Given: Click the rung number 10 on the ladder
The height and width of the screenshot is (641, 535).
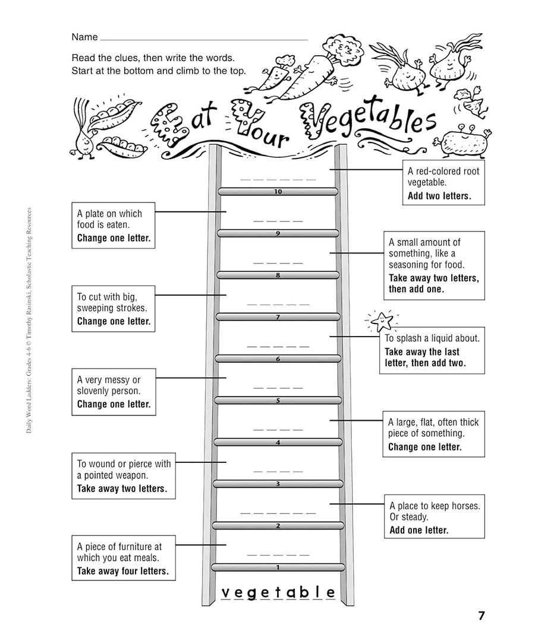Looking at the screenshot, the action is pyautogui.click(x=278, y=191).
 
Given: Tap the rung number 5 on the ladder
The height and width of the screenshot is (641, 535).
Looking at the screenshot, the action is pyautogui.click(x=278, y=400).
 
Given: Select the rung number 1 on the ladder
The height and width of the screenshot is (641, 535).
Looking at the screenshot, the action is pyautogui.click(x=278, y=567).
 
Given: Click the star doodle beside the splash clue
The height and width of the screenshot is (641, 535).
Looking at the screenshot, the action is pyautogui.click(x=382, y=321).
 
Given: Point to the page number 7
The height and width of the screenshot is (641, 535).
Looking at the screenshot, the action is pyautogui.click(x=481, y=615).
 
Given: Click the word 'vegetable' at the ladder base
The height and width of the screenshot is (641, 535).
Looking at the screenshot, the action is pyautogui.click(x=278, y=592).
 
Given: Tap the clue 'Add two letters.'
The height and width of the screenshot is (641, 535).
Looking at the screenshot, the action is pyautogui.click(x=439, y=196).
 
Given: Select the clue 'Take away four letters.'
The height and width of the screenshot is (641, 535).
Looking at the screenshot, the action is pyautogui.click(x=123, y=571).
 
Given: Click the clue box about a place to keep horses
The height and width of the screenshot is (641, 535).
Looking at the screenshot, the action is pyautogui.click(x=435, y=516).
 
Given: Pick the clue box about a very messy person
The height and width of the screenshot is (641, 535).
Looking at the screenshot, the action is pyautogui.click(x=114, y=392).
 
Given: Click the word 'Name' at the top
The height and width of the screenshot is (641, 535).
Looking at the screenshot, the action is pyautogui.click(x=85, y=37).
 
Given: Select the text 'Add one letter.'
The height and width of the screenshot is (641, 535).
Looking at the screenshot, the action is pyautogui.click(x=419, y=530).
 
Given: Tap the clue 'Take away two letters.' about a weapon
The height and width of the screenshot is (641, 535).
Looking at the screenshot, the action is pyautogui.click(x=122, y=488).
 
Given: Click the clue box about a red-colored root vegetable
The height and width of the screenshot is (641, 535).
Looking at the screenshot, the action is pyautogui.click(x=443, y=182).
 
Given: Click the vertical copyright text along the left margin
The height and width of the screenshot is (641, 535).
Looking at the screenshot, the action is pyautogui.click(x=29, y=321).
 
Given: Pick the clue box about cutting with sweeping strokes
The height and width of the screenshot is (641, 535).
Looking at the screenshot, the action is pyautogui.click(x=114, y=309).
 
